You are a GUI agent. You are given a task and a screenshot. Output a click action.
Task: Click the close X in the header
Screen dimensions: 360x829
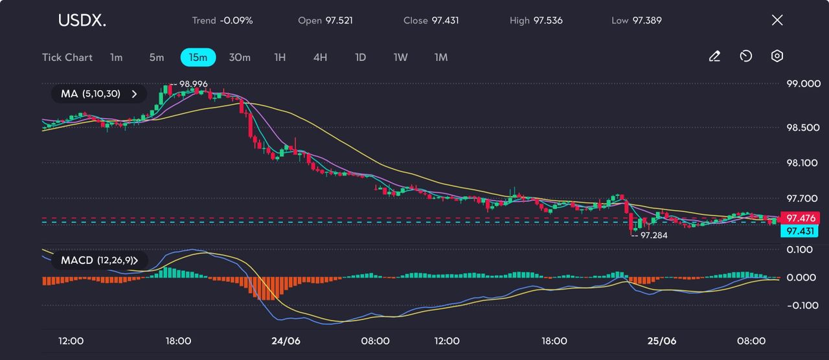(777, 20)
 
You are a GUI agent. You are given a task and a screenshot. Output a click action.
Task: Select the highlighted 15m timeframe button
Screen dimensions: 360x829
(198, 57)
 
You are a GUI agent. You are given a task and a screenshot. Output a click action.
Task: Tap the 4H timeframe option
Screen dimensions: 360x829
(320, 57)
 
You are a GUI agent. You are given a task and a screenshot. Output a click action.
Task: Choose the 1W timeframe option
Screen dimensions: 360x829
(400, 57)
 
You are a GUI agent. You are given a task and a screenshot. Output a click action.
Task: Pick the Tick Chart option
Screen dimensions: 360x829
(67, 57)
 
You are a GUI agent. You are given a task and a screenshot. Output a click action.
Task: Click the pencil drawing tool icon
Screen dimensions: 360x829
(714, 56)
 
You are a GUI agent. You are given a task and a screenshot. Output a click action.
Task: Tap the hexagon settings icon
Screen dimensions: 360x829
(777, 56)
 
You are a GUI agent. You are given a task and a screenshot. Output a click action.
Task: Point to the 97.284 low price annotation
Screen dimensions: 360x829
(653, 236)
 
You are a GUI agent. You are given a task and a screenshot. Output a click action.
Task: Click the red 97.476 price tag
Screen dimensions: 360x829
(800, 218)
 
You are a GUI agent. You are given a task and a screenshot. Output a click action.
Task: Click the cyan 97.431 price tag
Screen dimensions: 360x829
(800, 231)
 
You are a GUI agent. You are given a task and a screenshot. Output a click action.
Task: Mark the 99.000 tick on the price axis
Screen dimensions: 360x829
(802, 84)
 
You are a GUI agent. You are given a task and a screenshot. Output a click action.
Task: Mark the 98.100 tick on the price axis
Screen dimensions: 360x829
(802, 163)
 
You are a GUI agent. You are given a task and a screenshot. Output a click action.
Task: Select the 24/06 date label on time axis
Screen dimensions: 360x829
(286, 341)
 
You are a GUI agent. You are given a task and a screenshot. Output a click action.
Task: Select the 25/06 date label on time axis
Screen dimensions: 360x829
(662, 341)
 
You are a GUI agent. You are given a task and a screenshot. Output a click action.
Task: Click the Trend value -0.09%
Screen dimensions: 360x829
(236, 20)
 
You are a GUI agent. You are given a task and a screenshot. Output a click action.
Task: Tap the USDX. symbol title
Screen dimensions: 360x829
(82, 21)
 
